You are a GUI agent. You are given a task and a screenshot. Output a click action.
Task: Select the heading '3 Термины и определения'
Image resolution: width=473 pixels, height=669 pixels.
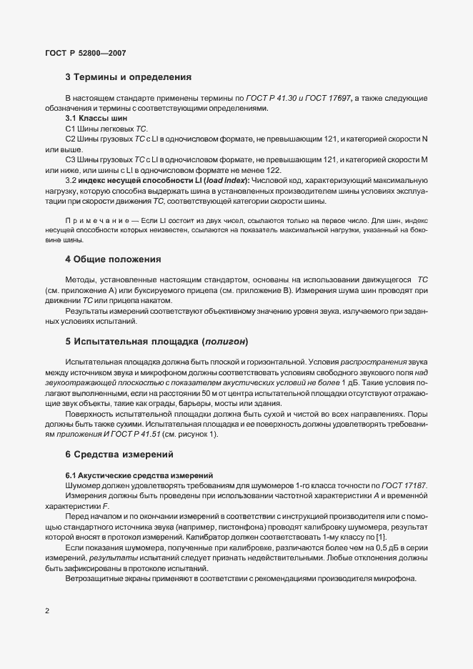126,77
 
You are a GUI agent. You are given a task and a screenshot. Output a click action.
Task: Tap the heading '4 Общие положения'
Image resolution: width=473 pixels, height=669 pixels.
113,259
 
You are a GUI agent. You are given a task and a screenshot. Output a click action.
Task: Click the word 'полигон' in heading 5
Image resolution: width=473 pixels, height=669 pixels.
226,340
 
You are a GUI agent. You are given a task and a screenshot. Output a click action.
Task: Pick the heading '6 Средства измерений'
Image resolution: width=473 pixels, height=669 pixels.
120,455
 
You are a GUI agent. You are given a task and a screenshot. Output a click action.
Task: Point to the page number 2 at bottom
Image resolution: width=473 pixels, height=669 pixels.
46,611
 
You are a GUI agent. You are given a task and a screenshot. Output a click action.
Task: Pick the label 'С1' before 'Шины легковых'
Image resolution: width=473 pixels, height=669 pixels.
70,127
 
